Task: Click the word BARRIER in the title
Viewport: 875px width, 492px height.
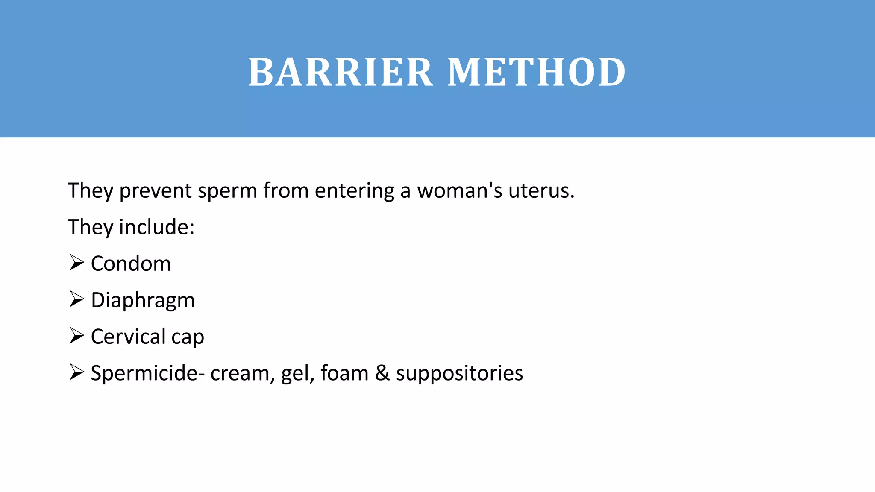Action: point(341,73)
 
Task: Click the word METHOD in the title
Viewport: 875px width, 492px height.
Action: point(537,73)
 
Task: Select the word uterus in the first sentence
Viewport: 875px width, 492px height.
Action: point(541,190)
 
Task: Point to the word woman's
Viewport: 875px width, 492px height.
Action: point(460,190)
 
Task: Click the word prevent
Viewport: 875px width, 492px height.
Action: point(155,190)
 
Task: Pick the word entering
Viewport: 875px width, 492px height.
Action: point(354,190)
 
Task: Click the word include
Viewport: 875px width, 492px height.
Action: point(156,227)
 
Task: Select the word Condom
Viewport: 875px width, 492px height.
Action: point(131,264)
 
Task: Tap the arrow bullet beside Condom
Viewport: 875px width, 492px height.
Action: point(76,262)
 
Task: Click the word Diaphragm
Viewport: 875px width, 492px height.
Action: point(143,300)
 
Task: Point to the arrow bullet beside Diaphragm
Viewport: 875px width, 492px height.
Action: point(76,299)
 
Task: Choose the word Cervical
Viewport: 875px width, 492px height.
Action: point(128,337)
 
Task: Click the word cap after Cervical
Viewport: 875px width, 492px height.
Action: point(188,337)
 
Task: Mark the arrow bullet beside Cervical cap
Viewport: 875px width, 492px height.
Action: point(76,335)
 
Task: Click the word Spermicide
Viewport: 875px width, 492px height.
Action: point(144,373)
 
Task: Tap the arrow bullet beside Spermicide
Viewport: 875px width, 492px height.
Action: point(76,372)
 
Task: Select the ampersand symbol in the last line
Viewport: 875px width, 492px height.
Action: point(382,373)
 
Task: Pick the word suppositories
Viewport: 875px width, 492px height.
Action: point(459,373)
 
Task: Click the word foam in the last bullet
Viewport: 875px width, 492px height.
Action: point(344,373)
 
